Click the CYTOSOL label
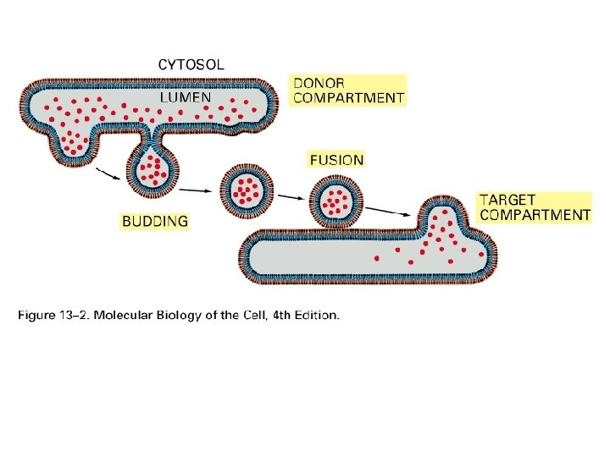click(x=191, y=63)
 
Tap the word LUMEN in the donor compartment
click(x=186, y=97)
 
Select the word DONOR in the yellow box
click(x=318, y=83)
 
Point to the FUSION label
click(x=336, y=159)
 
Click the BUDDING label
click(x=155, y=222)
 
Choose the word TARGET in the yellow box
click(x=507, y=200)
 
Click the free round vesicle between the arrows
click(x=247, y=190)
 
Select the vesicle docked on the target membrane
click(x=337, y=201)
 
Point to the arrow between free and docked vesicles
click(x=290, y=197)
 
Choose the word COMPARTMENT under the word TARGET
click(x=535, y=215)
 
